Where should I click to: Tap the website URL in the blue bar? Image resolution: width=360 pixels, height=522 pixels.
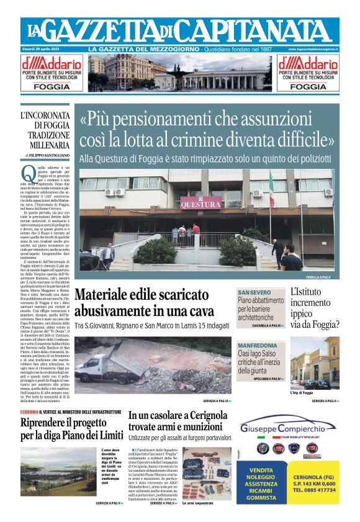313,48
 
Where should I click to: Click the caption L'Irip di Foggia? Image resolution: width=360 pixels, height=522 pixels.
302,393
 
